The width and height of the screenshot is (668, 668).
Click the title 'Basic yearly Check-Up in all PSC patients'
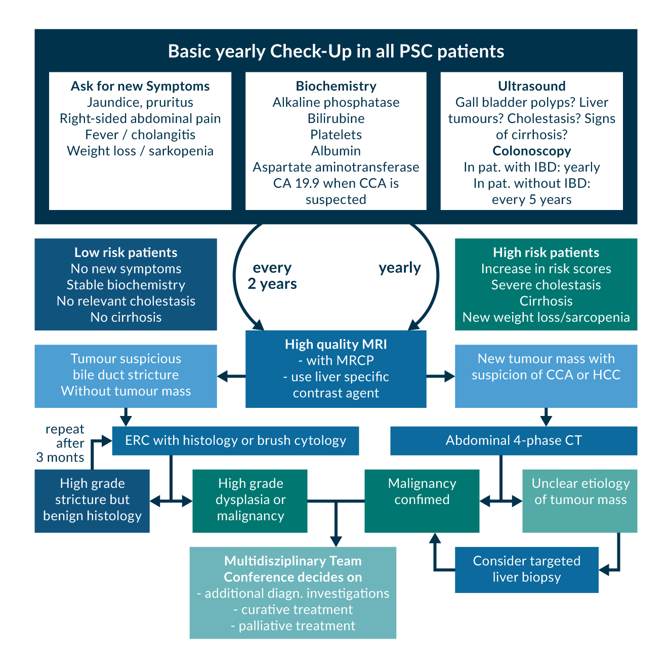tap(336, 51)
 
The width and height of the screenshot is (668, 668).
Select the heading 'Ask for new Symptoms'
tap(140, 86)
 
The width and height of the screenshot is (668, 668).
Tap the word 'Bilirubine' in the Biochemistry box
tap(336, 118)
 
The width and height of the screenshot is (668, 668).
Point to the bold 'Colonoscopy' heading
tap(531, 151)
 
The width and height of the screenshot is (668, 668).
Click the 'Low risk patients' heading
tap(126, 253)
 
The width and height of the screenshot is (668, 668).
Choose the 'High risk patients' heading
tap(546, 253)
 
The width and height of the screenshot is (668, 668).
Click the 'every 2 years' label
tap(272, 276)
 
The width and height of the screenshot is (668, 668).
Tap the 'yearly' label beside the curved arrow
tap(400, 268)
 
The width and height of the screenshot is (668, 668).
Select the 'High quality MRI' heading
tap(336, 345)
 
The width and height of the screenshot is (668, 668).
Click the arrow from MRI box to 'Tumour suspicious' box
tap(231, 376)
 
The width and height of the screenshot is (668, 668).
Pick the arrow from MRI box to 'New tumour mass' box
tap(441, 376)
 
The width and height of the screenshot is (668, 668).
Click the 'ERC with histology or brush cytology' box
tap(235, 440)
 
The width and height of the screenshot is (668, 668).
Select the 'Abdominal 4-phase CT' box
tap(514, 440)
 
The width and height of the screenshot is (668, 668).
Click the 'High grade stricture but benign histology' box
tap(92, 500)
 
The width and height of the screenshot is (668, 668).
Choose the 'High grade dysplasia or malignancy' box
tap(250, 500)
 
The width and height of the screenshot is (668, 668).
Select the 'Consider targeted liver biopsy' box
tap(526, 569)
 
